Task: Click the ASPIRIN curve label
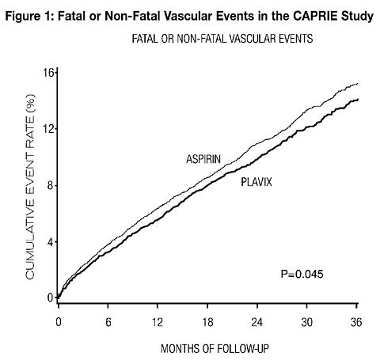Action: coord(203,159)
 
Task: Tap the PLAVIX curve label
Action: coord(256,182)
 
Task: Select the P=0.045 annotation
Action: coord(302,274)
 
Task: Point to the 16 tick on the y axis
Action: coord(48,72)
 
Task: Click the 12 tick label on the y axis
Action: coord(48,129)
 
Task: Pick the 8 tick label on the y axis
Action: coord(51,186)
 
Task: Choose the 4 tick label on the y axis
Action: coord(51,242)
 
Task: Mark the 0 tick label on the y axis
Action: coord(51,297)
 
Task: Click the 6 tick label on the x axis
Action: coord(108,322)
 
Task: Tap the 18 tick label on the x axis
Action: coord(207,322)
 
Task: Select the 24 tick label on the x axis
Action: coord(256,322)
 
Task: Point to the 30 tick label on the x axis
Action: coord(307,322)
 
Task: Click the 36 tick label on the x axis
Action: coord(356,322)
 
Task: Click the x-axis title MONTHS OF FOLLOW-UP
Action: coord(215,349)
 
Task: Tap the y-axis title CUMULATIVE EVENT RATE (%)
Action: coord(30,187)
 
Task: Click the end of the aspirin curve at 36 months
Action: coord(358,84)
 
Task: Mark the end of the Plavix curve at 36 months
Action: coord(358,99)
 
